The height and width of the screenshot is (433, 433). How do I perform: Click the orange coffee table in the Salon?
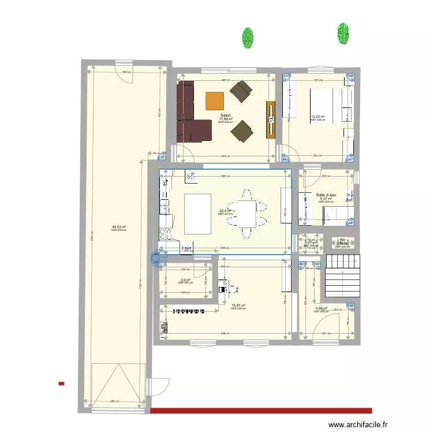click(x=215, y=101)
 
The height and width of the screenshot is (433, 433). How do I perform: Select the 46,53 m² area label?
click(x=119, y=227)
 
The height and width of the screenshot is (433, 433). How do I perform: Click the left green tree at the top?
click(x=248, y=38)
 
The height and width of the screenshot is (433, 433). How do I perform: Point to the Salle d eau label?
click(x=326, y=195)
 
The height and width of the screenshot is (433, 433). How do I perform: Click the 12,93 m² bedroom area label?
click(x=318, y=117)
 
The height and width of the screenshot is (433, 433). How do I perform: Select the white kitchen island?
click(x=198, y=214)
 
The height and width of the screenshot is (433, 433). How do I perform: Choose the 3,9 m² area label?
click(x=185, y=280)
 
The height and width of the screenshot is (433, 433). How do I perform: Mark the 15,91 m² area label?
click(x=238, y=305)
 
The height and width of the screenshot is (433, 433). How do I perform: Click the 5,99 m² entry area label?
click(x=322, y=308)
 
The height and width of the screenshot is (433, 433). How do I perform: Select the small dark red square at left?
click(x=61, y=383)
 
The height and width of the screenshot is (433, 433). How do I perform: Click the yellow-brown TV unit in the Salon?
click(x=270, y=120)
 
